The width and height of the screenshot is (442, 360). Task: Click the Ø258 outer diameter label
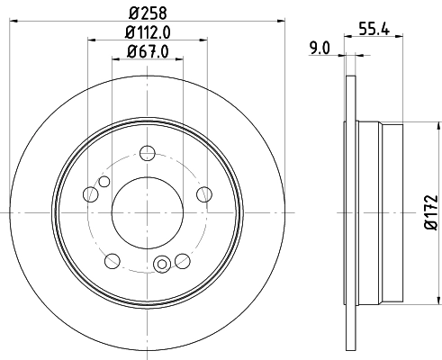click(x=148, y=12)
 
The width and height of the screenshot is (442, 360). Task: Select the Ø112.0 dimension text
click(x=149, y=34)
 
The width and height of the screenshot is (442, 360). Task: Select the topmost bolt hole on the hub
click(x=148, y=154)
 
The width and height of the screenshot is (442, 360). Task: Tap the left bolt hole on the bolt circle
click(x=90, y=193)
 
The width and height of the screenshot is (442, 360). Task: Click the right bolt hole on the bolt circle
click(x=204, y=193)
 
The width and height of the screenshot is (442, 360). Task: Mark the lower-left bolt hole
click(x=113, y=261)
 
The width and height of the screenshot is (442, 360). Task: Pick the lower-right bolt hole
click(x=182, y=261)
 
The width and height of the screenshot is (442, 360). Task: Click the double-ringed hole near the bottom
click(x=163, y=264)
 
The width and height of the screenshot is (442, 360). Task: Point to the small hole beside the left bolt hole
click(x=104, y=183)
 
